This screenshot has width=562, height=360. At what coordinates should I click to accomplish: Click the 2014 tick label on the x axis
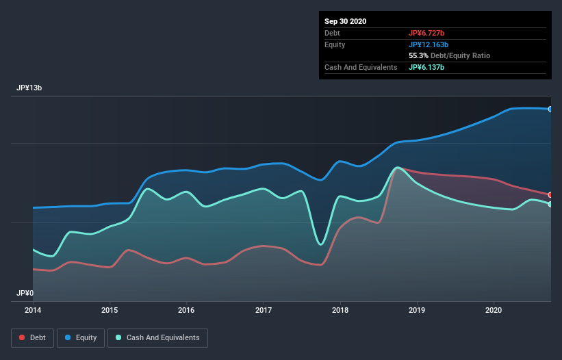33,310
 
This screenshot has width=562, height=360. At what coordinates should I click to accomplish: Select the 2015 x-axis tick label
110,310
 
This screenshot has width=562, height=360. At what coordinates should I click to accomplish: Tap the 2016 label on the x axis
186,310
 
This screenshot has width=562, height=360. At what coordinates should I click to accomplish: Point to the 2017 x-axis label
264,310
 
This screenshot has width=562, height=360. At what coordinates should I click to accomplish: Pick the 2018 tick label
340,310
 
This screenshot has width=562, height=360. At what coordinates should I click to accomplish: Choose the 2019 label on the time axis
417,310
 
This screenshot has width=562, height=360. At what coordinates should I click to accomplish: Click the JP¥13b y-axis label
29,88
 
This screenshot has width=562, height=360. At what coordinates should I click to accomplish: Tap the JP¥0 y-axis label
25,293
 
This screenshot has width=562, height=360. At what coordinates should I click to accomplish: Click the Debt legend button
32,337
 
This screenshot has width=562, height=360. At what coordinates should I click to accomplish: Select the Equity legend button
81,337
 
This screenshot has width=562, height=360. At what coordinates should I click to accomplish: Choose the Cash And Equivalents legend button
157,337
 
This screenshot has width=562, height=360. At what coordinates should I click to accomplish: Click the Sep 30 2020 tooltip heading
346,21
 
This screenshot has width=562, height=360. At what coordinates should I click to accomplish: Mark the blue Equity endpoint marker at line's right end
550,109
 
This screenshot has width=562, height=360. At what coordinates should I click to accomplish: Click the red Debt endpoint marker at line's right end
550,195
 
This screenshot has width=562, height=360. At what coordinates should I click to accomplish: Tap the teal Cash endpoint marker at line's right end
550,204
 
